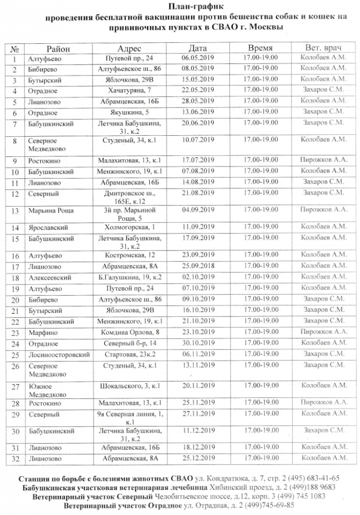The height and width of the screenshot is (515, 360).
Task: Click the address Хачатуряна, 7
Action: click(x=133, y=91)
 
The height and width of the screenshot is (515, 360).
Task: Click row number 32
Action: click(x=15, y=458)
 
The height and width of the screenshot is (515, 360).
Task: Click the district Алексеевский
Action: click(x=50, y=278)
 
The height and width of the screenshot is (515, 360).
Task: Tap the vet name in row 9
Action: click(x=324, y=160)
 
